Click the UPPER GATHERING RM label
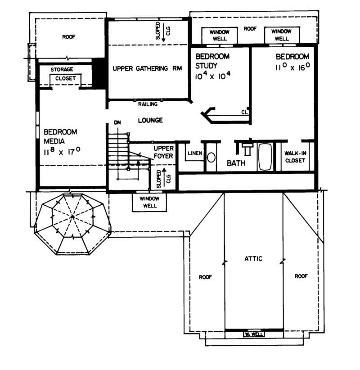coord(146,69)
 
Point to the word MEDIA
coord(55,140)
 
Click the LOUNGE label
coord(150,121)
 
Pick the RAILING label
coord(148,104)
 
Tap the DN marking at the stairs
coord(117,122)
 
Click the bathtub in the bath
coord(265,157)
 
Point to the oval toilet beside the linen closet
coord(211,157)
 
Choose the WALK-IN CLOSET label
coord(296,156)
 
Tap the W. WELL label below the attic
coord(253,334)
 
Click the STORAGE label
coord(62,70)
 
